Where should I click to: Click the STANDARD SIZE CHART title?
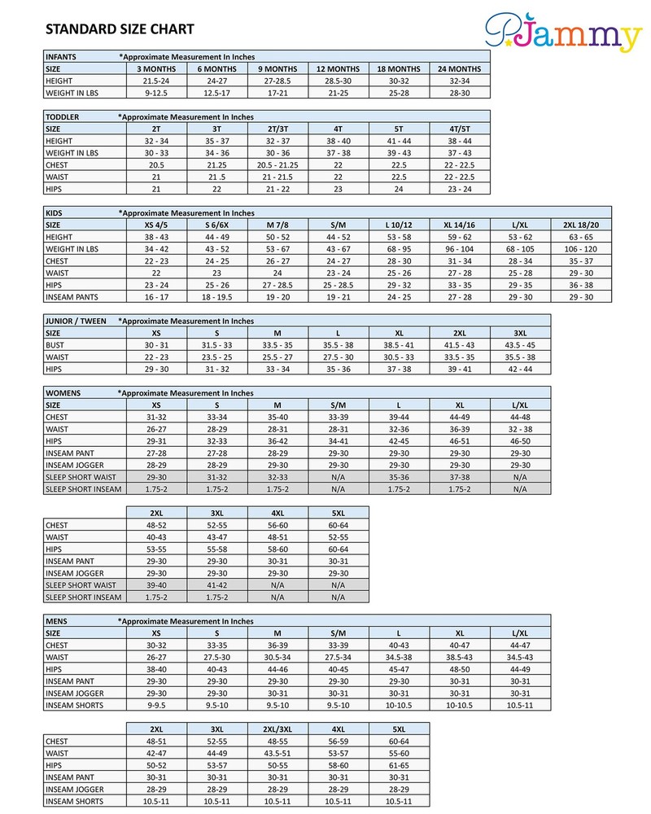click(x=120, y=30)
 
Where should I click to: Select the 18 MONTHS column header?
click(x=398, y=69)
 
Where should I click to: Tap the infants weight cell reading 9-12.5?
click(x=155, y=94)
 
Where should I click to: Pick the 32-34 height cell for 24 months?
click(x=459, y=81)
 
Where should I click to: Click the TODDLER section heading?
click(x=63, y=116)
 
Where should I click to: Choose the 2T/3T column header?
click(x=277, y=129)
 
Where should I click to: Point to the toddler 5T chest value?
click(x=398, y=164)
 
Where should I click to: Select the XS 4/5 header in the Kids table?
click(x=155, y=224)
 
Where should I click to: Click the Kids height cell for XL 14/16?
click(x=459, y=236)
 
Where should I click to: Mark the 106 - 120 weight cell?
click(x=580, y=248)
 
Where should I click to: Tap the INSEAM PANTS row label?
click(x=74, y=297)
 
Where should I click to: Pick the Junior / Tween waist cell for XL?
click(x=398, y=357)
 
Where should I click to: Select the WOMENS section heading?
click(x=63, y=392)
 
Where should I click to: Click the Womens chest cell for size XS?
click(x=155, y=417)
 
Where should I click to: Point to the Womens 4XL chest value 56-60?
click(x=277, y=525)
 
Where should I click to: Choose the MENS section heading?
click(x=59, y=620)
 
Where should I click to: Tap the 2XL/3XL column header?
click(x=277, y=729)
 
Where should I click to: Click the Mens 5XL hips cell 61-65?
click(x=398, y=765)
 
